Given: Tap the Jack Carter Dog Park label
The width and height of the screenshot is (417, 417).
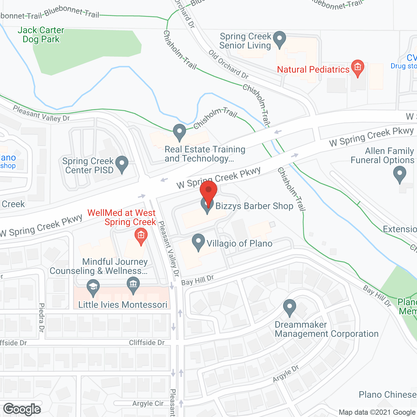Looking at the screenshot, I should click(x=41, y=35).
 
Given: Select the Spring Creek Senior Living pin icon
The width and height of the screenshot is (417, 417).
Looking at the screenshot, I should click(x=279, y=39).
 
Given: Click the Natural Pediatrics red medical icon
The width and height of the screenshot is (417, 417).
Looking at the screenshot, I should click(x=358, y=68).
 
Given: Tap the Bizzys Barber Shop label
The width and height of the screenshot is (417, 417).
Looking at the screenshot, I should click(x=254, y=206).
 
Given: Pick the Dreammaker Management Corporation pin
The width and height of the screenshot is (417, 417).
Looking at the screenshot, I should click(x=289, y=308).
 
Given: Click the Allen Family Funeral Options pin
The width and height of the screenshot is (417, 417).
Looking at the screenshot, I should click(x=400, y=174).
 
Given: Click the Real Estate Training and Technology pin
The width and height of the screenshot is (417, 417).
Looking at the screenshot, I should click(x=179, y=132).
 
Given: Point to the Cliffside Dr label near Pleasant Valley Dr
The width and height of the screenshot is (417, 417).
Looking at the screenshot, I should click(x=147, y=343).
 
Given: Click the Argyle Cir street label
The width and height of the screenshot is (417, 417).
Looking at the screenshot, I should click(x=148, y=404).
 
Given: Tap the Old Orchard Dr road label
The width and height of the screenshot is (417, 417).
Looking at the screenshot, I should click(x=228, y=64).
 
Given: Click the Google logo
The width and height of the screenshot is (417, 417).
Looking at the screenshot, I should click(x=22, y=409).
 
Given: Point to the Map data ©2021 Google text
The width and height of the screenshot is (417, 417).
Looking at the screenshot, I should click(x=377, y=412).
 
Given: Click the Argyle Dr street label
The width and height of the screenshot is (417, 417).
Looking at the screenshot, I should click(x=286, y=374).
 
